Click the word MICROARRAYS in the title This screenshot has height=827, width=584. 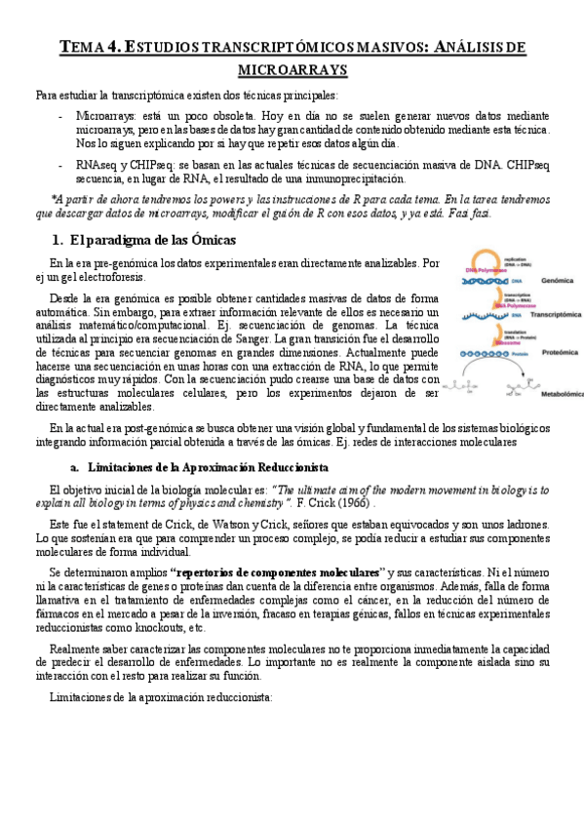click(x=292, y=70)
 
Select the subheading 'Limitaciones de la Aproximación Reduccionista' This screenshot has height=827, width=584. click(x=208, y=468)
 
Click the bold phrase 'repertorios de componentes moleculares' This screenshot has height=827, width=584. click(x=275, y=571)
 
